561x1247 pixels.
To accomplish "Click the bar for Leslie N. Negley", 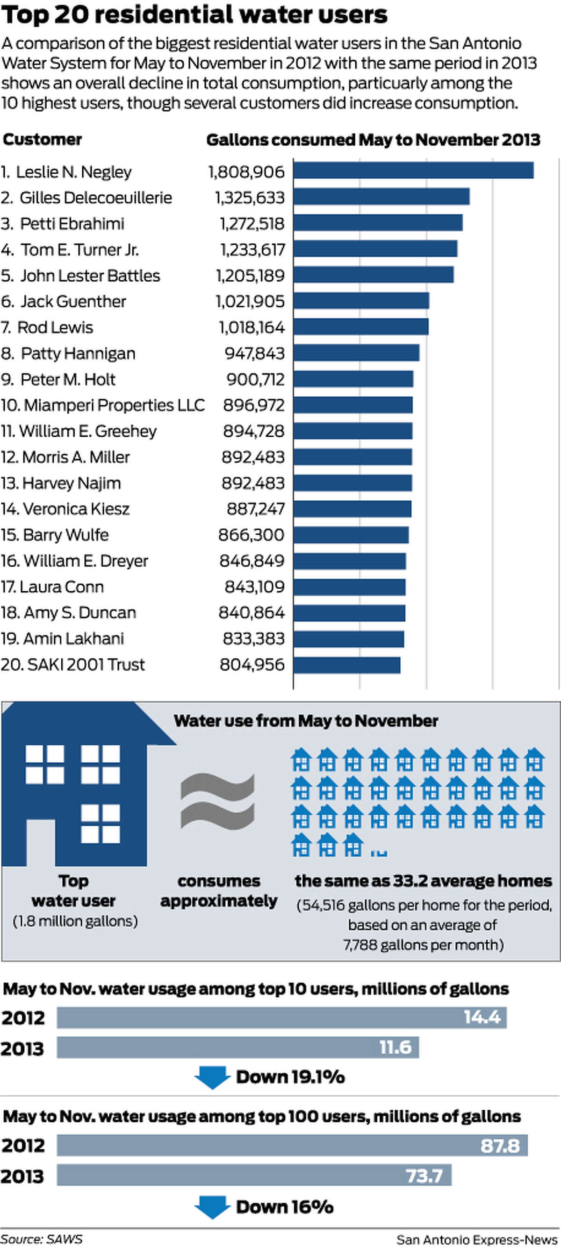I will (x=413, y=170).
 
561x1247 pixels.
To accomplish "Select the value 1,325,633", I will (x=250, y=198).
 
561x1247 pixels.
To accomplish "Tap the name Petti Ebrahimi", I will (x=72, y=224).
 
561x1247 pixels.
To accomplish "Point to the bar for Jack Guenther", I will (x=361, y=301).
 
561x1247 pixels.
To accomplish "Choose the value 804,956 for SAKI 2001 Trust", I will (x=252, y=665).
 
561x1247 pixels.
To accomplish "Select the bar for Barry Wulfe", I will (x=351, y=535).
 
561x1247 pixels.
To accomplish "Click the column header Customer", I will (x=42, y=140).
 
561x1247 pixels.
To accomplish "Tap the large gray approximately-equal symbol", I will (x=217, y=801).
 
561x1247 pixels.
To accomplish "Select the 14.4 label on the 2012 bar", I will (x=482, y=1017).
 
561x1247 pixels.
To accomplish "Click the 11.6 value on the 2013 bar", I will (x=395, y=1048).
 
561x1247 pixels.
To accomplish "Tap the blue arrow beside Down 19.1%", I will (x=212, y=1077).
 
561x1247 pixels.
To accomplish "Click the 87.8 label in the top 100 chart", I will (x=499, y=1146).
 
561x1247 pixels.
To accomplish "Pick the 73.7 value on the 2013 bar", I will (x=424, y=1176).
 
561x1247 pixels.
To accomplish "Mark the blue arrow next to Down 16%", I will (x=212, y=1206).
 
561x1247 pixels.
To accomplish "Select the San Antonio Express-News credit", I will (x=477, y=1239).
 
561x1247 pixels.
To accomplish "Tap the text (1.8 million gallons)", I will (x=75, y=921).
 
